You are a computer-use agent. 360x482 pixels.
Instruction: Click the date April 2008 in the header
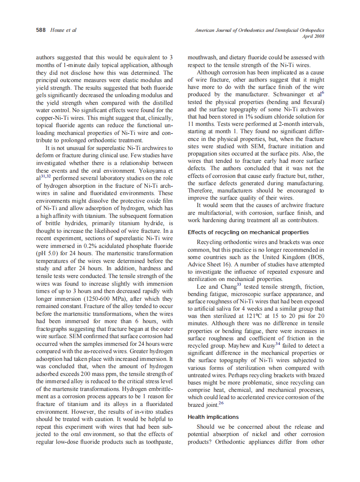pyautogui.click(x=313, y=37)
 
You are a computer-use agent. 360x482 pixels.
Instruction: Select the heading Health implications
pyautogui.click(x=213, y=417)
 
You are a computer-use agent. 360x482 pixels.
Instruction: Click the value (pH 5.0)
pyautogui.click(x=48, y=253)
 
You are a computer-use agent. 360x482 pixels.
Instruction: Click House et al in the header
pyautogui.click(x=63, y=30)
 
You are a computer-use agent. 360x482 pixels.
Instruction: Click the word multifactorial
pyautogui.click(x=207, y=213)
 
